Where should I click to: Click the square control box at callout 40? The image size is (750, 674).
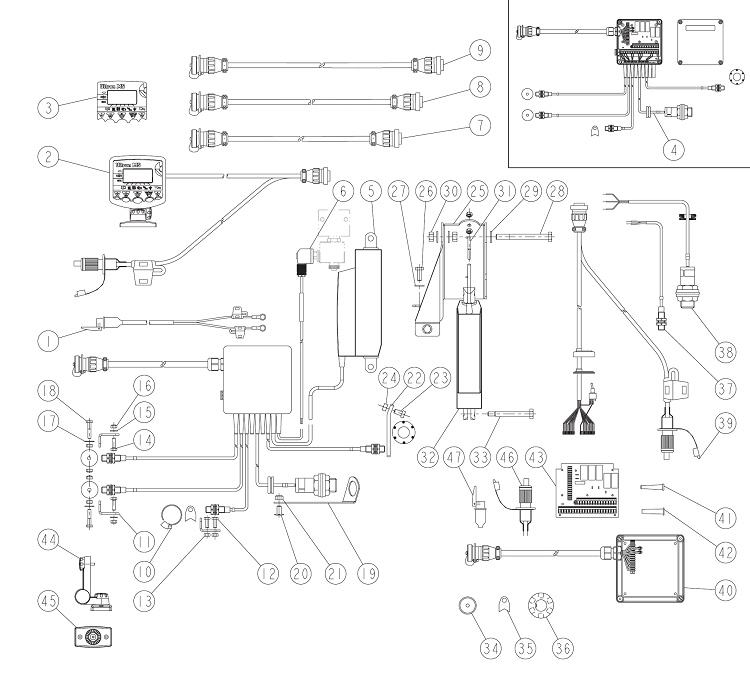(651, 564)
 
